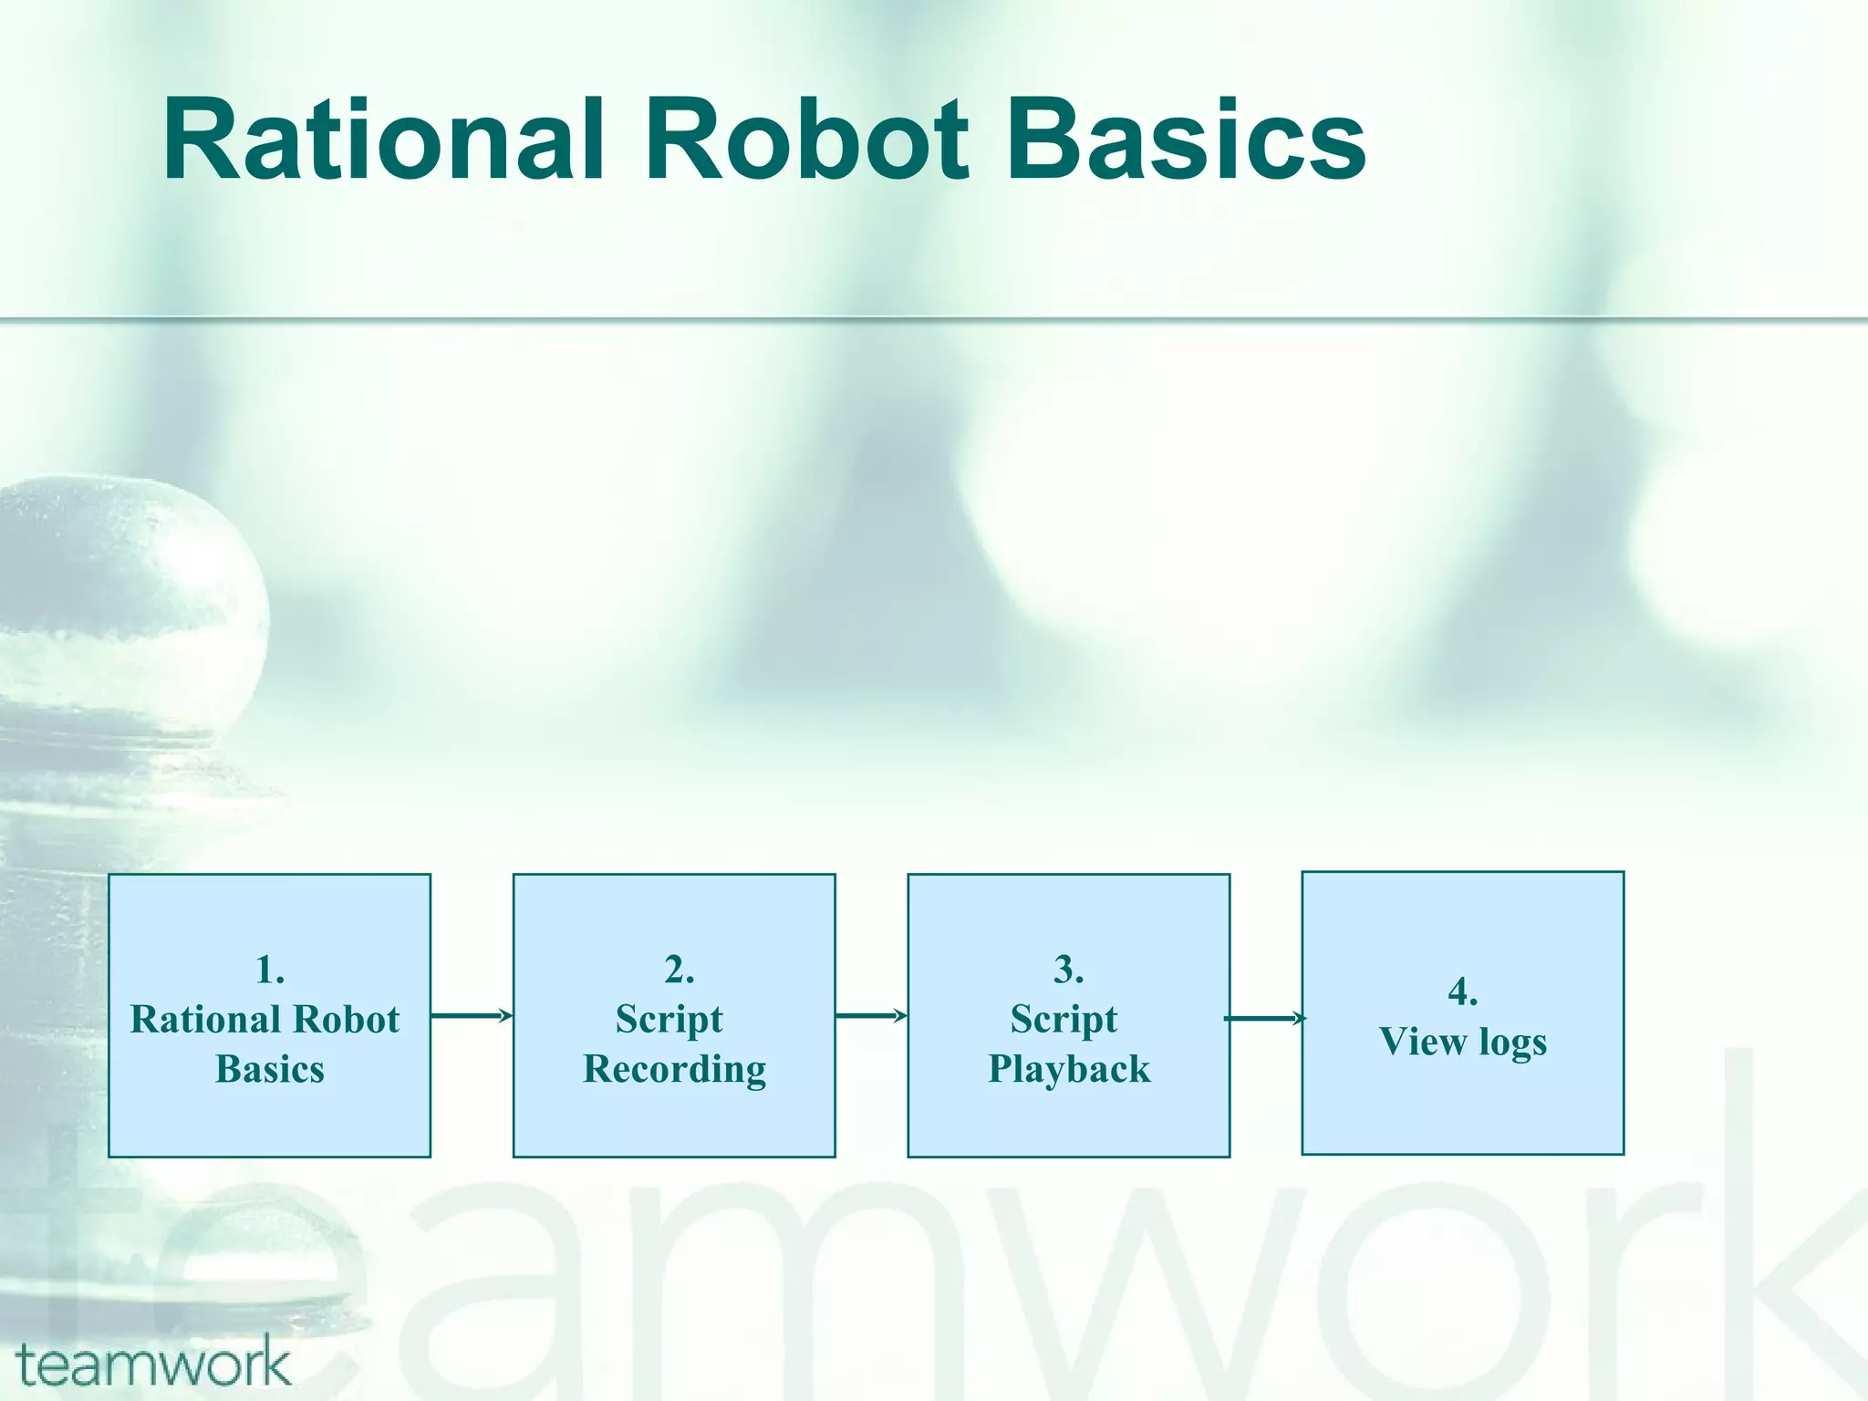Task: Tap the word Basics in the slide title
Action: [x=1185, y=141]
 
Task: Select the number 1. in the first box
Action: [x=270, y=970]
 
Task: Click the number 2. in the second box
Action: [x=679, y=970]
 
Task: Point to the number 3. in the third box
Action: [x=1069, y=970]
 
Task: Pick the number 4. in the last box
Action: [x=1463, y=991]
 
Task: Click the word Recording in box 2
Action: [x=675, y=1069]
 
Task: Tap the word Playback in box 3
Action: [x=1069, y=1069]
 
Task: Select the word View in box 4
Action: [x=1420, y=1042]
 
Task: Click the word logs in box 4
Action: [x=1513, y=1043]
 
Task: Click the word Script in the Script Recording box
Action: [x=669, y=1020]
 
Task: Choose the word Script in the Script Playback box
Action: [x=1064, y=1020]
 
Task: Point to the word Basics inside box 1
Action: [x=270, y=1069]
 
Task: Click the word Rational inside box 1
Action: [x=200, y=1020]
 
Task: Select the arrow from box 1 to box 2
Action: [x=472, y=1015]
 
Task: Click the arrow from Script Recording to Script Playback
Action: [x=871, y=1015]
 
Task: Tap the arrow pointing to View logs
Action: [x=1265, y=1018]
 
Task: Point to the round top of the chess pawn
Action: [x=137, y=566]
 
